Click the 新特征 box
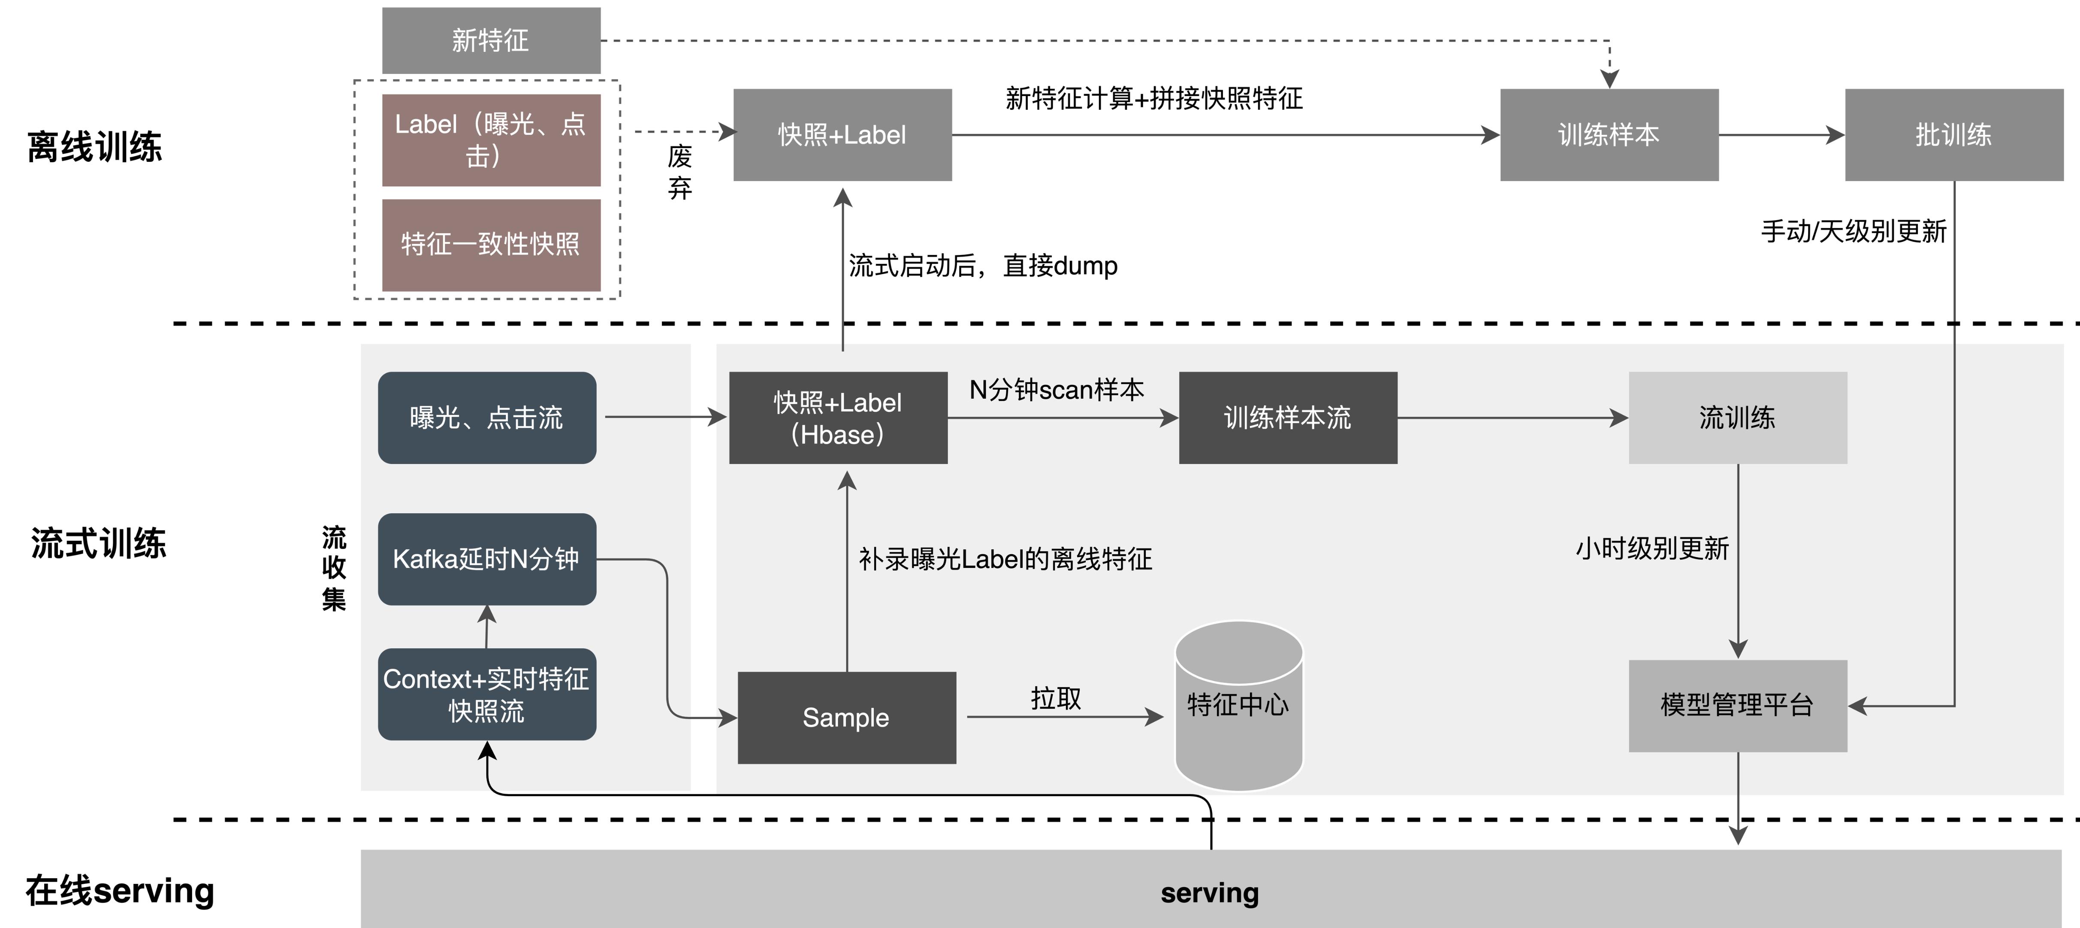(x=491, y=40)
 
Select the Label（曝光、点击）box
(x=491, y=140)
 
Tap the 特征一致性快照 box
(x=491, y=244)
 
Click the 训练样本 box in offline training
(x=1609, y=135)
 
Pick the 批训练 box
(x=1953, y=135)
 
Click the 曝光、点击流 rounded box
(x=487, y=418)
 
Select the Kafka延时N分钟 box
(x=487, y=559)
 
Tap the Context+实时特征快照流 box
(x=487, y=694)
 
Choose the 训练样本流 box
(x=1287, y=418)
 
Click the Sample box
(x=846, y=717)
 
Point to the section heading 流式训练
(x=99, y=543)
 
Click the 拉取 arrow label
(x=1055, y=698)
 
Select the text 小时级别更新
(x=1652, y=549)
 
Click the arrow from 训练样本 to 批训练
(x=1781, y=135)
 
